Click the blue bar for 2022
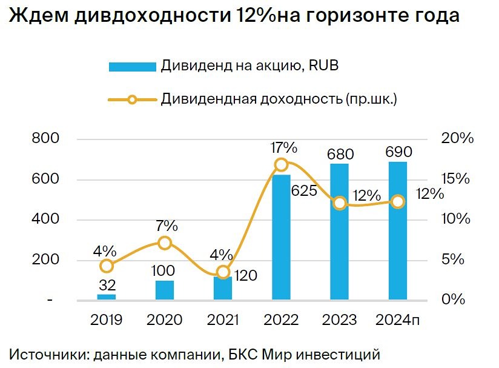[x=281, y=237]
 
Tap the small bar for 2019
[x=107, y=296]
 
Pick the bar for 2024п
[x=397, y=230]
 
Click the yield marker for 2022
[x=281, y=164]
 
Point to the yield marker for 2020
[x=165, y=243]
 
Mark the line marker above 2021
[x=223, y=272]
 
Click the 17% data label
[x=284, y=147]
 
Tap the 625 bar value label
[x=304, y=191]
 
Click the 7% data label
[x=167, y=226]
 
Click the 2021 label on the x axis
[x=223, y=319]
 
